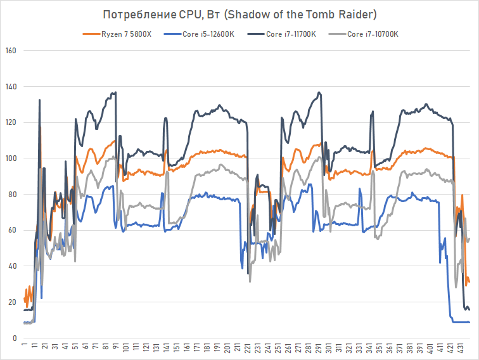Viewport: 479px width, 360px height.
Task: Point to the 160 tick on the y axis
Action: point(11,51)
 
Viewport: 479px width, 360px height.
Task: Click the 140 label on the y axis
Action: point(11,86)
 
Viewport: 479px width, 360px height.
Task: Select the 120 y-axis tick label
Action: point(11,122)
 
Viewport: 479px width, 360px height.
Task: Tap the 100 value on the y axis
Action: point(11,158)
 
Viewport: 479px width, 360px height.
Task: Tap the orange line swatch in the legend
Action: point(91,34)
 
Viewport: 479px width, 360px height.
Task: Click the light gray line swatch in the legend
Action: point(338,34)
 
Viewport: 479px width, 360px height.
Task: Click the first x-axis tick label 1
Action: point(24,347)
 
